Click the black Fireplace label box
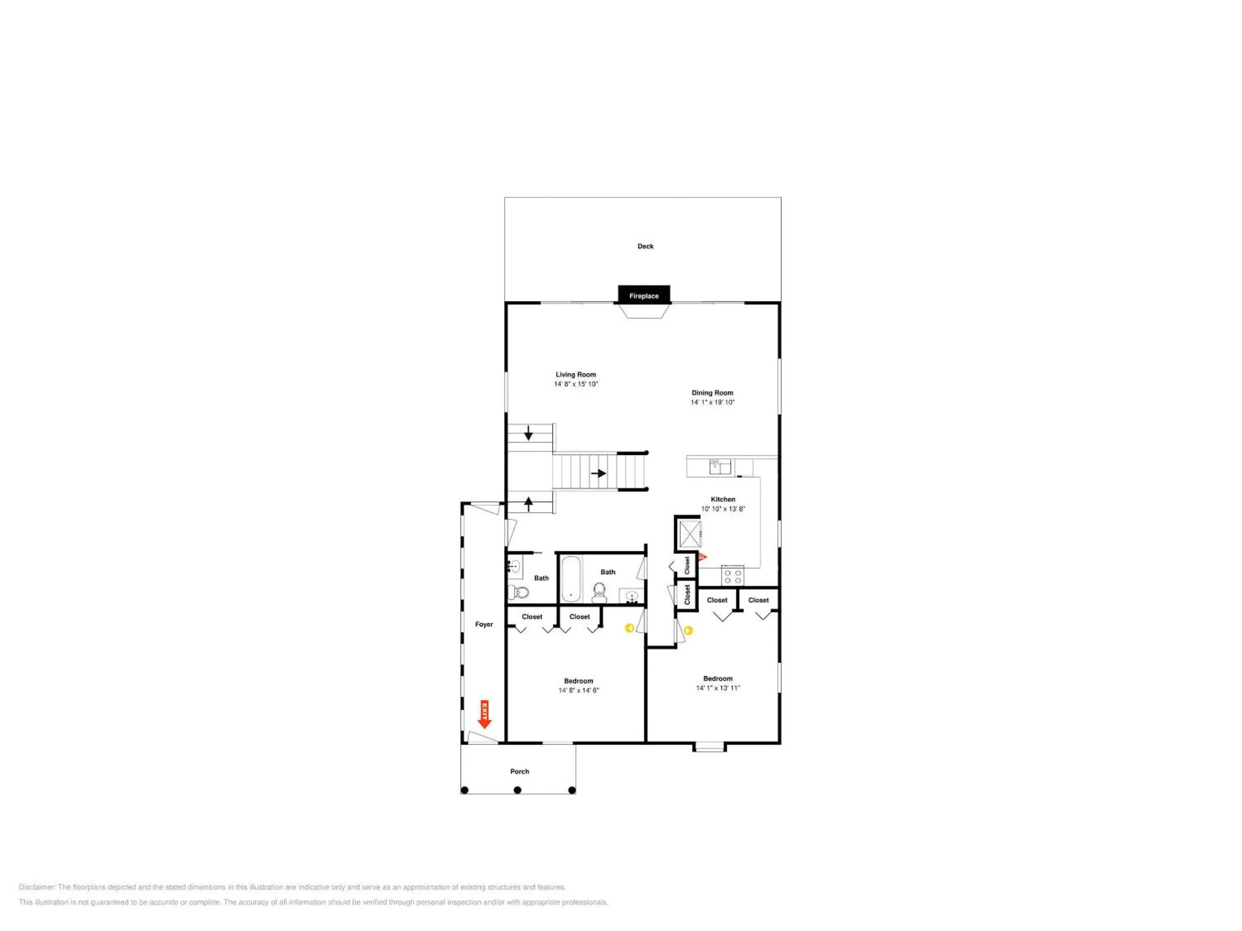click(x=644, y=294)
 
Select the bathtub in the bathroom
click(x=571, y=578)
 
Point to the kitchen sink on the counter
click(x=720, y=466)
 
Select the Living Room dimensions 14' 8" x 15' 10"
click(x=576, y=384)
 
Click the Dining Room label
click(x=712, y=393)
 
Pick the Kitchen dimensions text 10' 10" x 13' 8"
click(x=723, y=509)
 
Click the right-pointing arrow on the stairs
click(x=599, y=473)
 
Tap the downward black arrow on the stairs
click(x=528, y=433)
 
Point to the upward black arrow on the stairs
click(x=528, y=503)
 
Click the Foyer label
click(x=484, y=625)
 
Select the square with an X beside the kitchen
click(x=690, y=534)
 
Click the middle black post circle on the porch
click(x=517, y=790)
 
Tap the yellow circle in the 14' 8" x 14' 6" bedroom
click(x=630, y=628)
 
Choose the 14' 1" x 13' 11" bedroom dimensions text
click(x=718, y=688)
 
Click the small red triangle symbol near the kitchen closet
click(x=702, y=557)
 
